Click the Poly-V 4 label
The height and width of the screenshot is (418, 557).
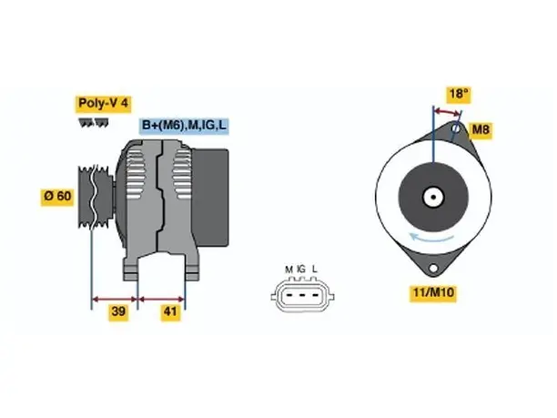click(x=103, y=104)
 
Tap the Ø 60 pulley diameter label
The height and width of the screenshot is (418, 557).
click(x=57, y=196)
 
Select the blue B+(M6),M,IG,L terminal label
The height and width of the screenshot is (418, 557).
click(x=184, y=126)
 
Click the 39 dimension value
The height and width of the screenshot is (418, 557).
click(x=118, y=311)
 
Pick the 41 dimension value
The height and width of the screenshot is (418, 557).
click(x=170, y=311)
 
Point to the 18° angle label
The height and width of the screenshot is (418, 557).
click(x=458, y=94)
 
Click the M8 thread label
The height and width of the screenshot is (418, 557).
click(x=481, y=129)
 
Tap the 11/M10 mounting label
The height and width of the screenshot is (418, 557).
click(x=433, y=293)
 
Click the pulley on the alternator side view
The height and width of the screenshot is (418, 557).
click(x=96, y=196)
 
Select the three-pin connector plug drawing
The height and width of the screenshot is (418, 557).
click(x=302, y=295)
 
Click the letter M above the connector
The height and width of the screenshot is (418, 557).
click(x=289, y=270)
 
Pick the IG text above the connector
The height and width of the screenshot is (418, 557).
click(x=301, y=270)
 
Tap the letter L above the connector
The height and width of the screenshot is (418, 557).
click(x=314, y=270)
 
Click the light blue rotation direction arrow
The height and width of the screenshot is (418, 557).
click(x=431, y=239)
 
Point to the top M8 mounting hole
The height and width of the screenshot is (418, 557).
click(x=456, y=127)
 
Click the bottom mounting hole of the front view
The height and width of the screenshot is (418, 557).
click(x=433, y=268)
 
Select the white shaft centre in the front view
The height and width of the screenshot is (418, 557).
click(x=433, y=197)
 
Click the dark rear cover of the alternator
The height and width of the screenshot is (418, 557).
click(x=210, y=198)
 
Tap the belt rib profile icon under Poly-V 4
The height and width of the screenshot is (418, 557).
click(x=94, y=123)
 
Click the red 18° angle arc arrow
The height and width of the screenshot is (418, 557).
click(x=448, y=112)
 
